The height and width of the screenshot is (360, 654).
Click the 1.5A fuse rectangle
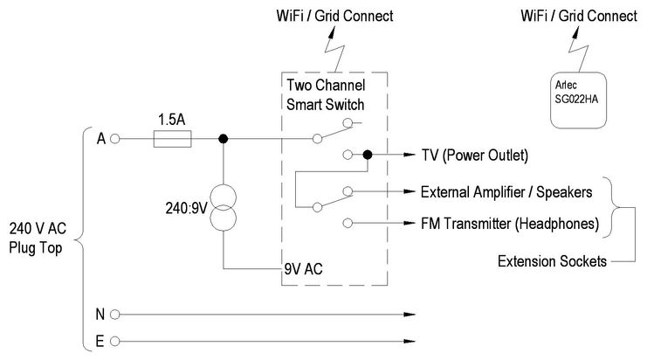point(172,138)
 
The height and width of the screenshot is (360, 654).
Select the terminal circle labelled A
point(114,138)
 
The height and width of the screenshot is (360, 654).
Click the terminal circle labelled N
point(114,313)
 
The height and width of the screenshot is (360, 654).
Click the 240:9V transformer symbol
point(224,206)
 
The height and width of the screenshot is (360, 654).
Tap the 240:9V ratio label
point(184,207)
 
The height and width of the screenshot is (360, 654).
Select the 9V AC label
point(306,270)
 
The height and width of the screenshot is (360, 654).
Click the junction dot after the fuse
point(224,138)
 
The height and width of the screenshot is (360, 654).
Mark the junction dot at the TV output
point(367,155)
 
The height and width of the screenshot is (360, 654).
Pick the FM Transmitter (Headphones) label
point(510,223)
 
